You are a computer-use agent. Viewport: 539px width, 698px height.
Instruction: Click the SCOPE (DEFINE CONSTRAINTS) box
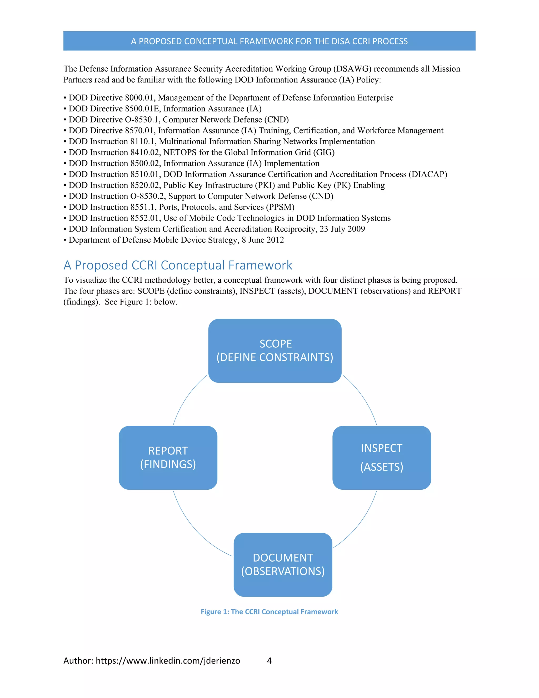(x=275, y=351)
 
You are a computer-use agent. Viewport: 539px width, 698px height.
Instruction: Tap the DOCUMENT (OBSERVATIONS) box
(x=283, y=564)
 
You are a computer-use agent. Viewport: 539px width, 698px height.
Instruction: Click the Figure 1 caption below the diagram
(x=269, y=612)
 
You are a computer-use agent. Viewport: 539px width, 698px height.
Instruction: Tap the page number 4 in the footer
(x=269, y=660)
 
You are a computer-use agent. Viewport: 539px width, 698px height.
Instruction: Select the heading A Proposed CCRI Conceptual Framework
(x=178, y=265)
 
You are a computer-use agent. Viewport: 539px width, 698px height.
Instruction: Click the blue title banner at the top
(x=269, y=41)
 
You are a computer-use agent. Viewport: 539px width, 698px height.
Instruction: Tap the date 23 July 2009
(x=342, y=229)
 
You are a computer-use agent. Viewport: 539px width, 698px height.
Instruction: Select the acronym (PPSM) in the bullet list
(x=280, y=207)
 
